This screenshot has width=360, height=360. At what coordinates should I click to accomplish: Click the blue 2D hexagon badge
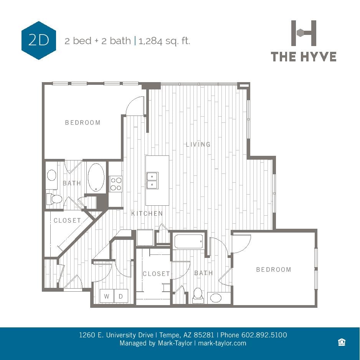pos(39,40)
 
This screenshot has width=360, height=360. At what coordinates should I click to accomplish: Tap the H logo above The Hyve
pos(304,33)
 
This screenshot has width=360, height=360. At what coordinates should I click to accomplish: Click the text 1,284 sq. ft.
pos(165,41)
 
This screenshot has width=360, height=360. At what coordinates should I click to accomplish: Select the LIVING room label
pos(198,144)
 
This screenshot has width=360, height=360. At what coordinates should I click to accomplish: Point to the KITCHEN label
pos(147,213)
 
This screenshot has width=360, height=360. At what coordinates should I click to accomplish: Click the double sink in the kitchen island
pos(152,180)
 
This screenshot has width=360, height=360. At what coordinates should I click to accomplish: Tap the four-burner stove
pos(116,184)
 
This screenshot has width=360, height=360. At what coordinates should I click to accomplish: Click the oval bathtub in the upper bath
pos(96,178)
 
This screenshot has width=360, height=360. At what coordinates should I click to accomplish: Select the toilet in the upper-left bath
pos(54,199)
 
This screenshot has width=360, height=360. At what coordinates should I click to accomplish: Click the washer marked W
pos(107,296)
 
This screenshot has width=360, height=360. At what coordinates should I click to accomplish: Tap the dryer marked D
pos(121,296)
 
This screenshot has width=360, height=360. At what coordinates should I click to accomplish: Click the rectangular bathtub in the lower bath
pos(188,242)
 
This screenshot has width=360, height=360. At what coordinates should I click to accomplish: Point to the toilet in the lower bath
pos(198,294)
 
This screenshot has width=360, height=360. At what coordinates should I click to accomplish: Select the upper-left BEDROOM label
pos(83,122)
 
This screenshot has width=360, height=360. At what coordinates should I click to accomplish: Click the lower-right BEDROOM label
pos(274,269)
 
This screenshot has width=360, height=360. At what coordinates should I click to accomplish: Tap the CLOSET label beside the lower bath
pos(156,274)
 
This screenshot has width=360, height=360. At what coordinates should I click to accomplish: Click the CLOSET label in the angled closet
pos(67,220)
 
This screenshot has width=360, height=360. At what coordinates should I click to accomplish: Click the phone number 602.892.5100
pos(264,335)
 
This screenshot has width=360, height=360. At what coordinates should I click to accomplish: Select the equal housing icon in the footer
pos(342,342)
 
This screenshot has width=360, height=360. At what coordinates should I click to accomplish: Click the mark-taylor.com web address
pos(222,343)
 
